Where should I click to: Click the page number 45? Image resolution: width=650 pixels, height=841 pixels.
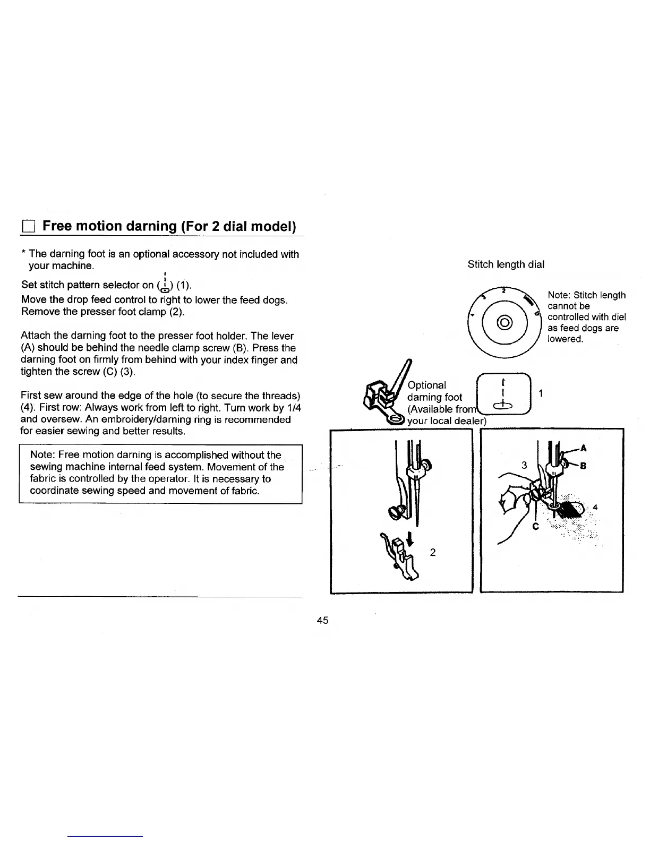[x=322, y=620]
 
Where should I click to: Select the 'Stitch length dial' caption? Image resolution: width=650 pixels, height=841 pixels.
[x=506, y=264]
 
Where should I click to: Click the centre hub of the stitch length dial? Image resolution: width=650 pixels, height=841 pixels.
[x=501, y=322]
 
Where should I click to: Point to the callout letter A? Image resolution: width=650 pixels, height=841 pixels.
[x=583, y=448]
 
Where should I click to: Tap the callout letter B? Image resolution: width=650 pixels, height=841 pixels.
[x=583, y=466]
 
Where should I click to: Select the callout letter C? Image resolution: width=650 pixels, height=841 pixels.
[x=535, y=527]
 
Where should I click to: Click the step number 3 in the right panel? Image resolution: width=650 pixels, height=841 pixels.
[x=524, y=465]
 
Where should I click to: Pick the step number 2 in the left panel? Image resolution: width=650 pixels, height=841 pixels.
[x=433, y=553]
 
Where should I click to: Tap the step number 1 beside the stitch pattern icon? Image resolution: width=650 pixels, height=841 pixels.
[x=541, y=393]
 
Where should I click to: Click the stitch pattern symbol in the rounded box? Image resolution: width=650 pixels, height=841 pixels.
[x=502, y=394]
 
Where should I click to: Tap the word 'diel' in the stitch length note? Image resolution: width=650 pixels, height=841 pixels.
[x=618, y=317]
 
